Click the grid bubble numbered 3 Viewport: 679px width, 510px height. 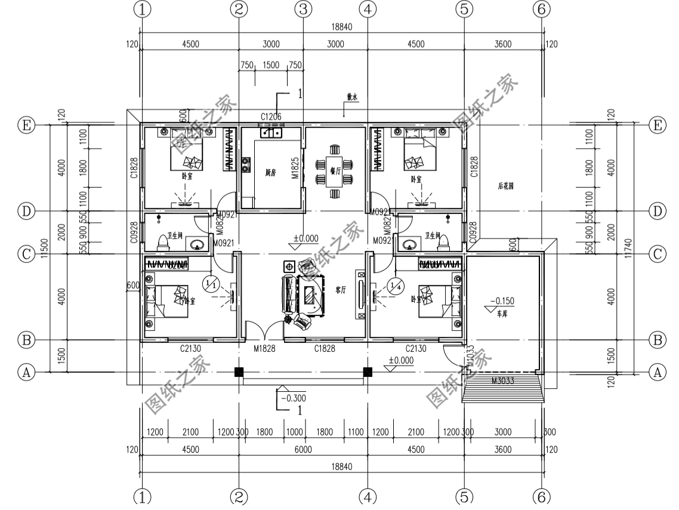coord(303,9)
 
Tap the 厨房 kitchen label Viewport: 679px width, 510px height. coord(270,172)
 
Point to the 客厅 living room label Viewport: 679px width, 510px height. coord(341,290)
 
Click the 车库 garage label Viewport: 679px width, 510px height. coord(502,312)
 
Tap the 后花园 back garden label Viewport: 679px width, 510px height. coord(505,186)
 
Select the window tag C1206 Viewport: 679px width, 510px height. coord(271,116)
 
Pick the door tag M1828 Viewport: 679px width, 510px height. coord(264,348)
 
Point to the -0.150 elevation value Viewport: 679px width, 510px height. coord(502,301)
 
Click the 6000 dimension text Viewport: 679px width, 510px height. coord(303,450)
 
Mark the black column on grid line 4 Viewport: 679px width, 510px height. coord(368,372)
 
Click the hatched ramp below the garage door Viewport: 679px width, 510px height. coord(502,392)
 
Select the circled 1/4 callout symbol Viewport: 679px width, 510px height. coord(394,285)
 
